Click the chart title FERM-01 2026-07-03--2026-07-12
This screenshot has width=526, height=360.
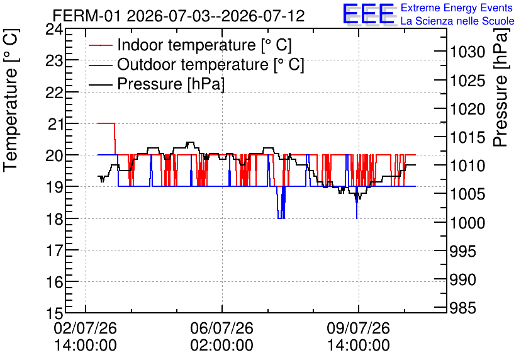[179, 16]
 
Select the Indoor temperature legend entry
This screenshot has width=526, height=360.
[190, 45]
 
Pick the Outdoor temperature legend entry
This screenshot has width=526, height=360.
[196, 64]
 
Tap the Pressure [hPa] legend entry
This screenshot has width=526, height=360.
[157, 84]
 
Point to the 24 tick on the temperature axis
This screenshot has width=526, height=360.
[54, 30]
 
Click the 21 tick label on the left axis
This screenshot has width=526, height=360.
[55, 125]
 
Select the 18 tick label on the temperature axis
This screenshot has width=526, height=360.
[54, 220]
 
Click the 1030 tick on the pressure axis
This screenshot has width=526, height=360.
[467, 52]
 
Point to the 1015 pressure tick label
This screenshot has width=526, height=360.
[467, 137]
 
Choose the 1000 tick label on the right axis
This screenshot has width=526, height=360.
[467, 223]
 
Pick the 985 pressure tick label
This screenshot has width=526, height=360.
[462, 308]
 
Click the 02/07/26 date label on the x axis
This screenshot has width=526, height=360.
[85, 328]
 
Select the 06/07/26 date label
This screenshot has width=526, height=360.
[221, 328]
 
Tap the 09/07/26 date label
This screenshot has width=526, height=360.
[358, 328]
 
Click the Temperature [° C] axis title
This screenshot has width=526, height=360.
[11, 100]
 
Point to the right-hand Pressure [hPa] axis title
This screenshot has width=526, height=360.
[501, 87]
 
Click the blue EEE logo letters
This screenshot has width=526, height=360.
[368, 13]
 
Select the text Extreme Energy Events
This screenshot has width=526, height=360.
[457, 8]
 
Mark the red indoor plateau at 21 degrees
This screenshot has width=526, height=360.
[106, 123]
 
